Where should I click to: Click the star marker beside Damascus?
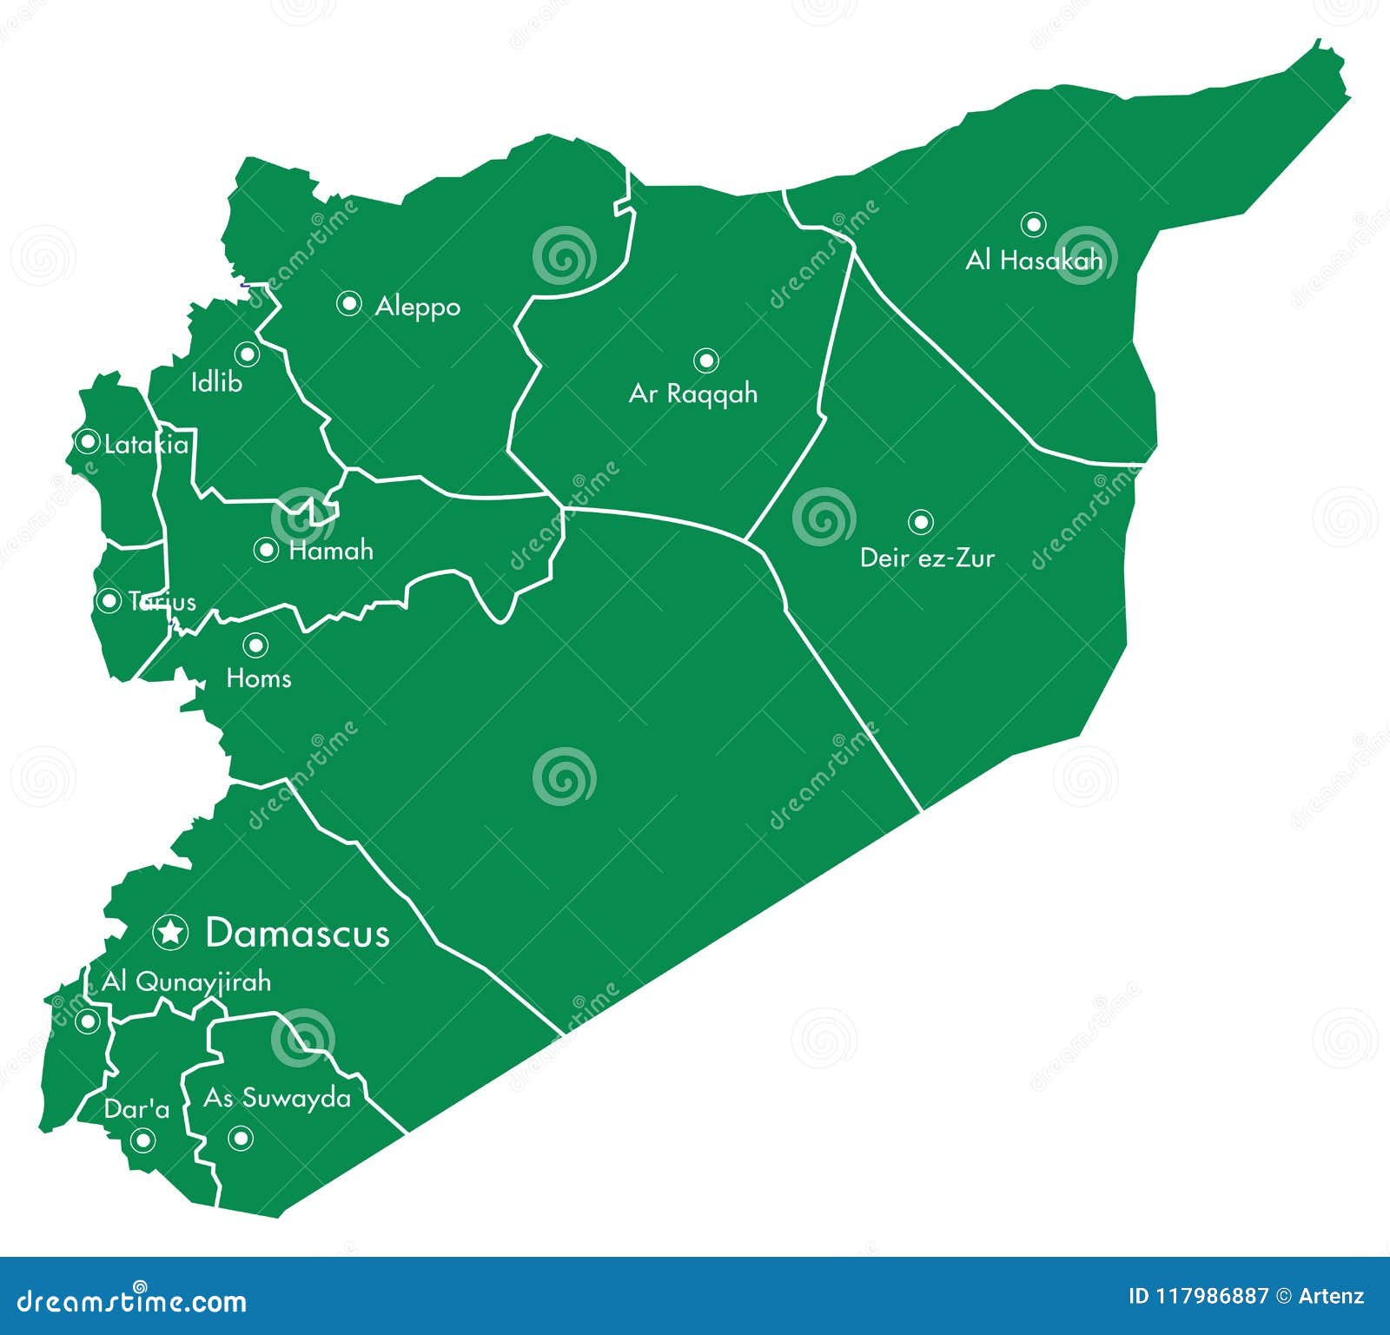(x=170, y=932)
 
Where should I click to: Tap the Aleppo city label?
(x=418, y=307)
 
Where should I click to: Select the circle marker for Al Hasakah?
(x=1033, y=224)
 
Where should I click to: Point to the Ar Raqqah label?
(x=693, y=394)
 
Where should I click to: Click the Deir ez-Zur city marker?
(x=921, y=522)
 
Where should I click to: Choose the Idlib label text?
(x=216, y=382)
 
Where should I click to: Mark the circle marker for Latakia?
(x=88, y=441)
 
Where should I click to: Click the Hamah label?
(x=331, y=551)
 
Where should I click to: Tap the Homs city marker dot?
(x=255, y=644)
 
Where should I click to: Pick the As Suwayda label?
(x=277, y=1098)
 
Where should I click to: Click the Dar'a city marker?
(x=142, y=1140)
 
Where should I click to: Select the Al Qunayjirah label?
(x=187, y=982)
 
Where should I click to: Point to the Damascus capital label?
(x=297, y=933)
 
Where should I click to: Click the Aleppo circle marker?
(x=349, y=303)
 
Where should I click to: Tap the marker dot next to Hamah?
(x=266, y=550)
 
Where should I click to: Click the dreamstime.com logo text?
(x=132, y=1300)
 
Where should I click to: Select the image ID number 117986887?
(x=1211, y=1297)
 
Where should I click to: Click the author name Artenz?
(x=1331, y=1297)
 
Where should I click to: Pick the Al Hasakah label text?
(x=1034, y=260)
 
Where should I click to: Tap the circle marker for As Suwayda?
(x=241, y=1137)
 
